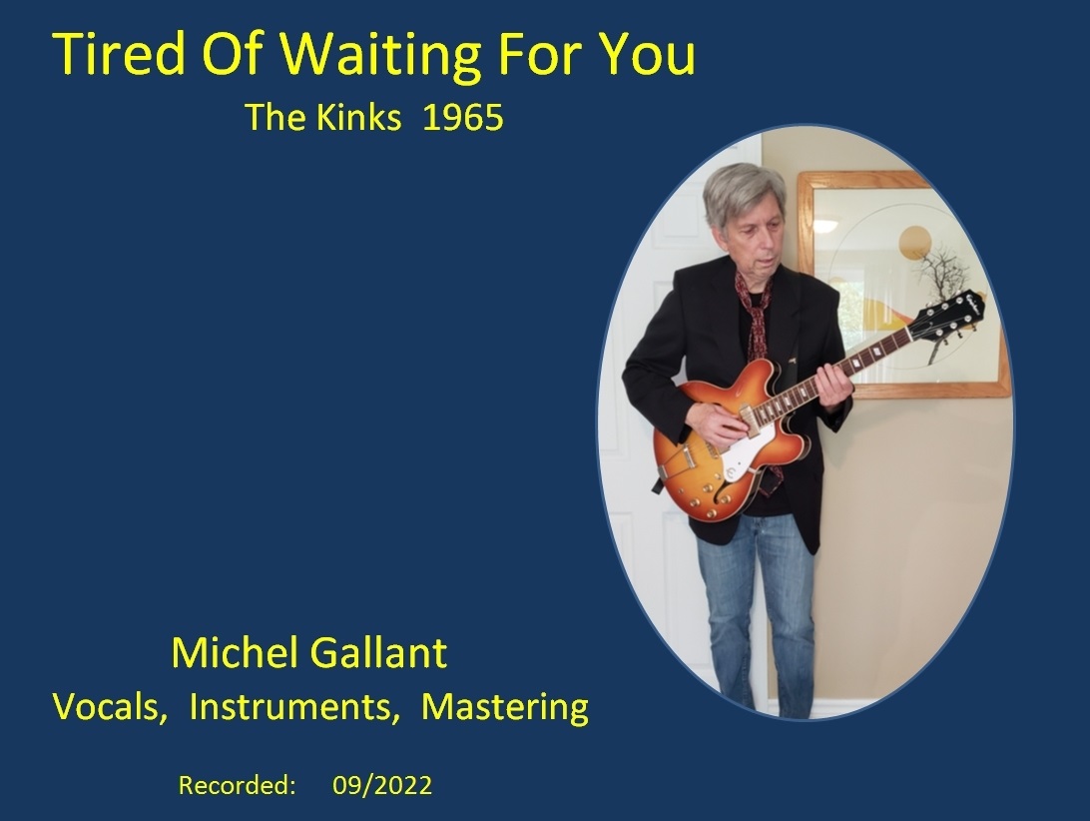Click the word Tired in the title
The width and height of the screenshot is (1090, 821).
point(119,54)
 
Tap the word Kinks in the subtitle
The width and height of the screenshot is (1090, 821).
point(358,117)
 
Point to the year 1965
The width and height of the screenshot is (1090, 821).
point(463,118)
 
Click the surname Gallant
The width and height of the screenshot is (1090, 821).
point(377,652)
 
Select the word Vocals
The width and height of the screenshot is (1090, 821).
point(110,707)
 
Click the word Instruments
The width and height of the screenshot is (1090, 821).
point(294,707)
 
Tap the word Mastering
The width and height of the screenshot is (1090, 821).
point(505,708)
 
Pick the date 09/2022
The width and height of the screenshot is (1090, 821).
point(382,785)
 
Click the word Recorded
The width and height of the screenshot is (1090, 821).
point(237,785)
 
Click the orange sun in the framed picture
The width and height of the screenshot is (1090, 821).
point(914,243)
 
